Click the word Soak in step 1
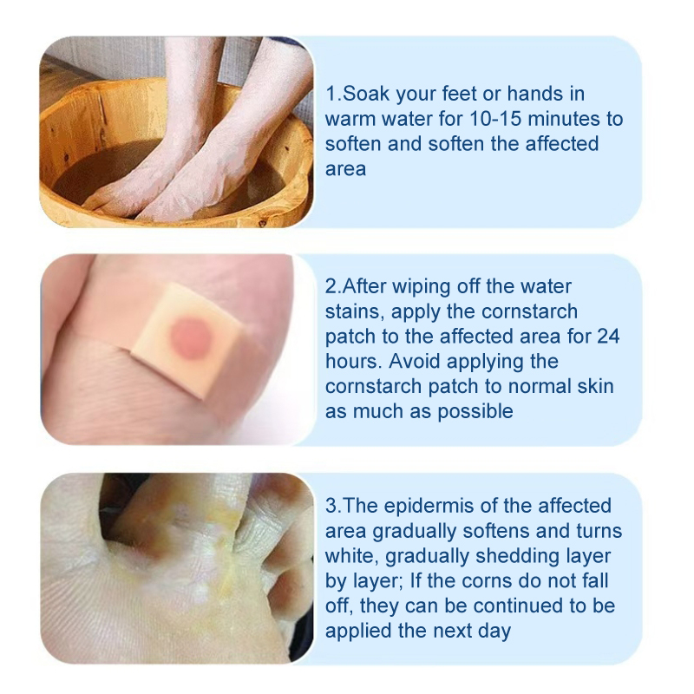[365, 94]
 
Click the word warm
[350, 120]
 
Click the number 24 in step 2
[608, 337]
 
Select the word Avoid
[415, 362]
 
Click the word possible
[475, 411]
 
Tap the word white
[351, 556]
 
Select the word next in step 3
[452, 632]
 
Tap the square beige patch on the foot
[187, 340]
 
